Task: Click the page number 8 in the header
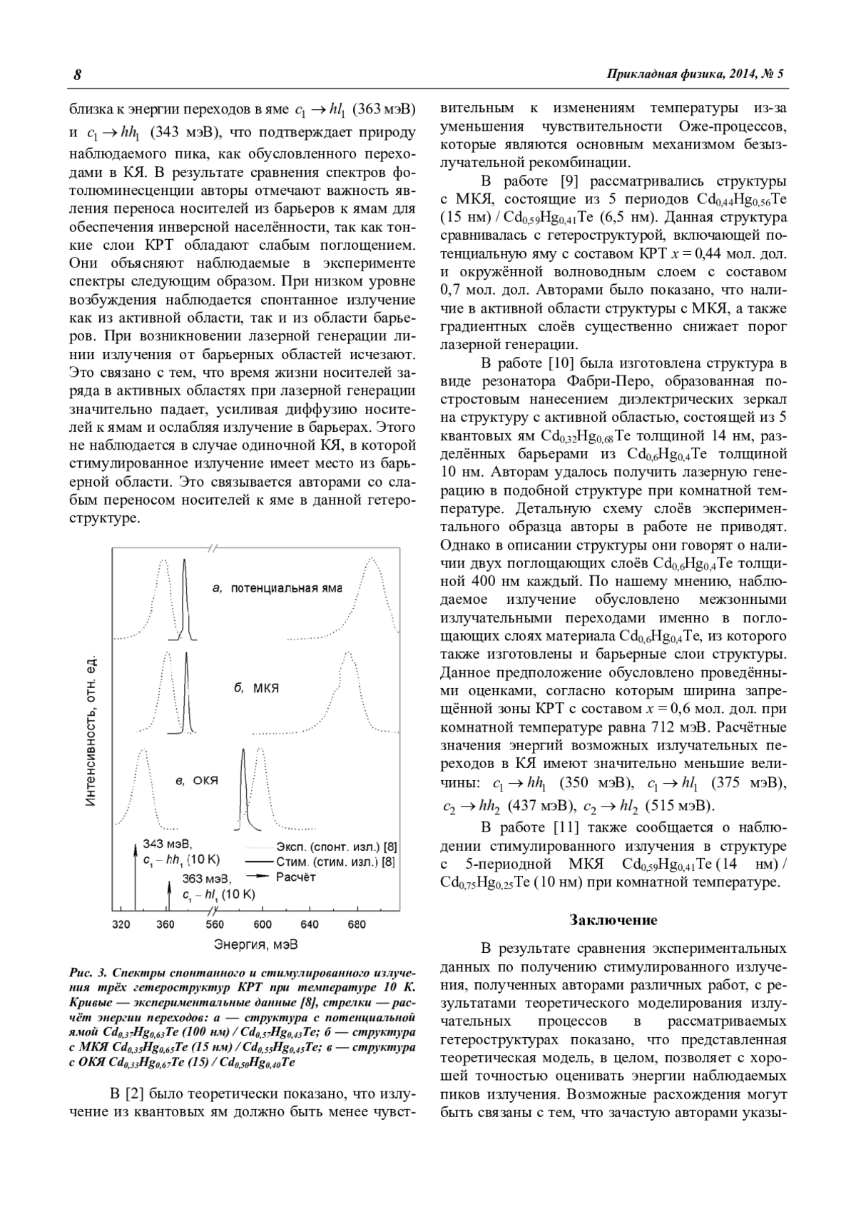point(77,75)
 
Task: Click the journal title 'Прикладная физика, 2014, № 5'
point(695,74)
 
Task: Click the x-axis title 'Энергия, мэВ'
point(255,944)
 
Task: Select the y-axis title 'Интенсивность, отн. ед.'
point(91,728)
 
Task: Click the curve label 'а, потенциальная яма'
point(277,589)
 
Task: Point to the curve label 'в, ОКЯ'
point(197,781)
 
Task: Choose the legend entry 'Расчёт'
point(295,877)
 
